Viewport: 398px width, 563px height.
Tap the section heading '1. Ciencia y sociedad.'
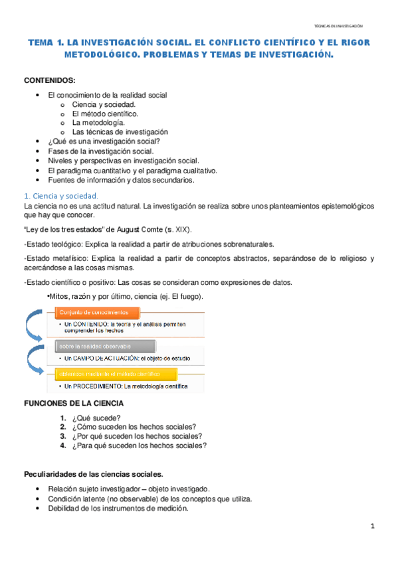[60, 196]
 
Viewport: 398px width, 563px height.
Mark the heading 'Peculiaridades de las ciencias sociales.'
[93, 474]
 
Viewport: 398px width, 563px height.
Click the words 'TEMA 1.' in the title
[50, 43]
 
